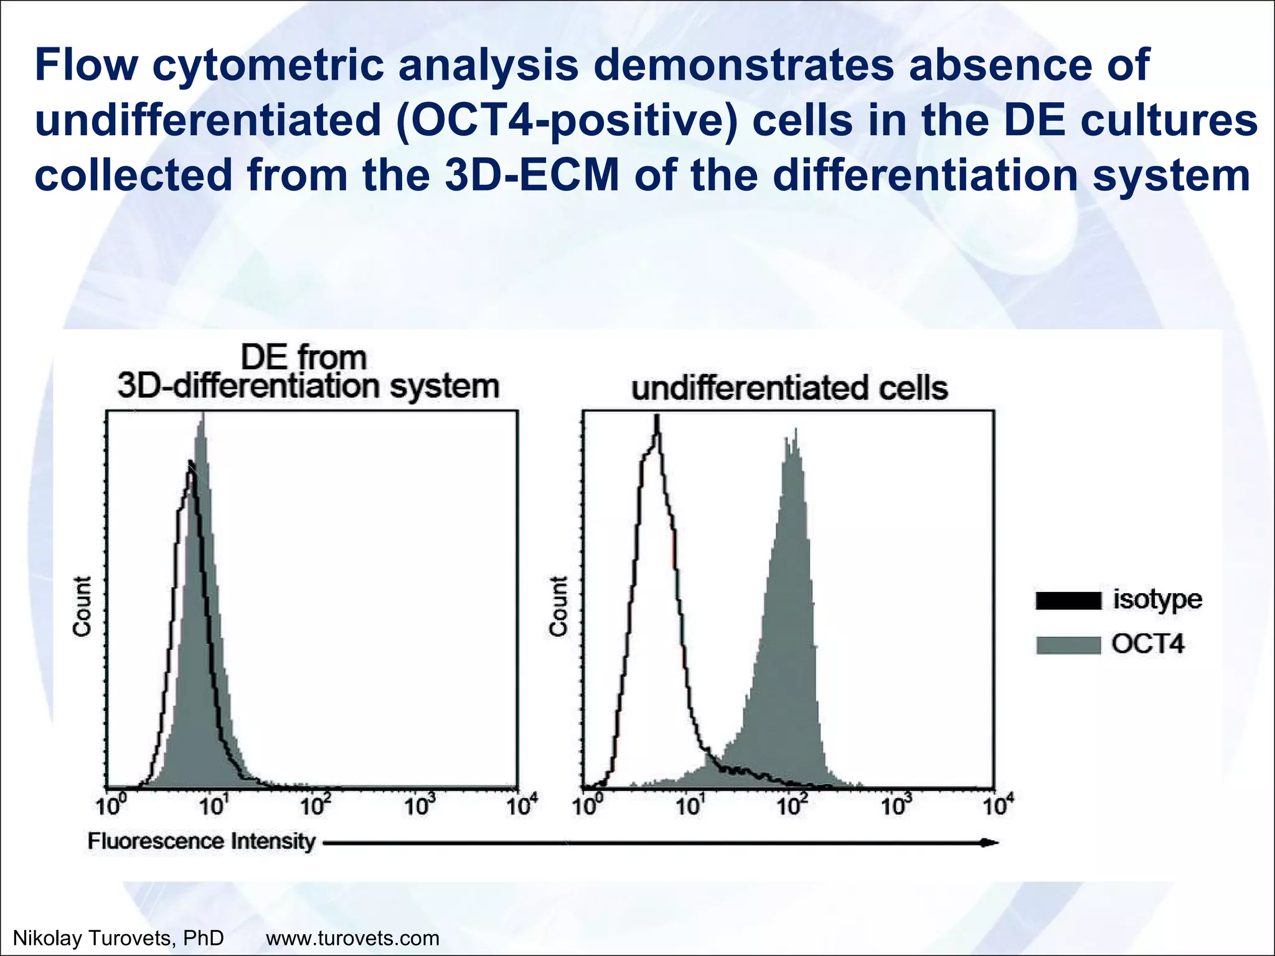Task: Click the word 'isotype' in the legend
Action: click(1157, 599)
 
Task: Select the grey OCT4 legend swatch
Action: click(1067, 645)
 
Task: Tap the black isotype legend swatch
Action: click(1067, 601)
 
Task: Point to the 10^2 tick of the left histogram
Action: click(315, 807)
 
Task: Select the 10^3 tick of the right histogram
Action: click(895, 807)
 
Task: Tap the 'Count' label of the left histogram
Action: click(82, 606)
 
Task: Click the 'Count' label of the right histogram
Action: click(558, 606)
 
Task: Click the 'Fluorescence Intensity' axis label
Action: click(202, 841)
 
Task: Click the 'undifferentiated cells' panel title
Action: click(789, 388)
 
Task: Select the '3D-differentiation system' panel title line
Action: click(308, 386)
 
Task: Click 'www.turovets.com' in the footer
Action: click(352, 937)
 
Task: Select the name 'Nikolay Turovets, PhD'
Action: click(118, 937)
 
